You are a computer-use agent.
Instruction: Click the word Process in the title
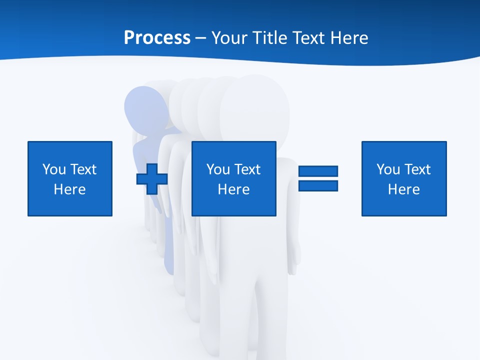click(x=157, y=37)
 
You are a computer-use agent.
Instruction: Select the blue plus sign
click(x=152, y=178)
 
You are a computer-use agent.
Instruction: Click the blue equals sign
click(x=318, y=178)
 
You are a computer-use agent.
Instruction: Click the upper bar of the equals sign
click(x=318, y=171)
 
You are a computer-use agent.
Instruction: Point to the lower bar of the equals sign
click(x=318, y=185)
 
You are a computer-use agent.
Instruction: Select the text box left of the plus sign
click(x=70, y=178)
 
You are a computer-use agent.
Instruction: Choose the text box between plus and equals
click(x=233, y=178)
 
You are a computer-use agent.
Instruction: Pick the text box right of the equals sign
click(x=404, y=178)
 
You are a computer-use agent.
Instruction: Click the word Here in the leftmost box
click(x=70, y=189)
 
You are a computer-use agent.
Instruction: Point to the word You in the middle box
click(x=218, y=169)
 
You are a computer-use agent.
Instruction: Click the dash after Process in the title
click(x=200, y=38)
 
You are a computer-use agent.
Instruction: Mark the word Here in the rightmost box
click(x=404, y=189)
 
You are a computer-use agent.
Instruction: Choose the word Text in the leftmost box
click(x=82, y=169)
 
